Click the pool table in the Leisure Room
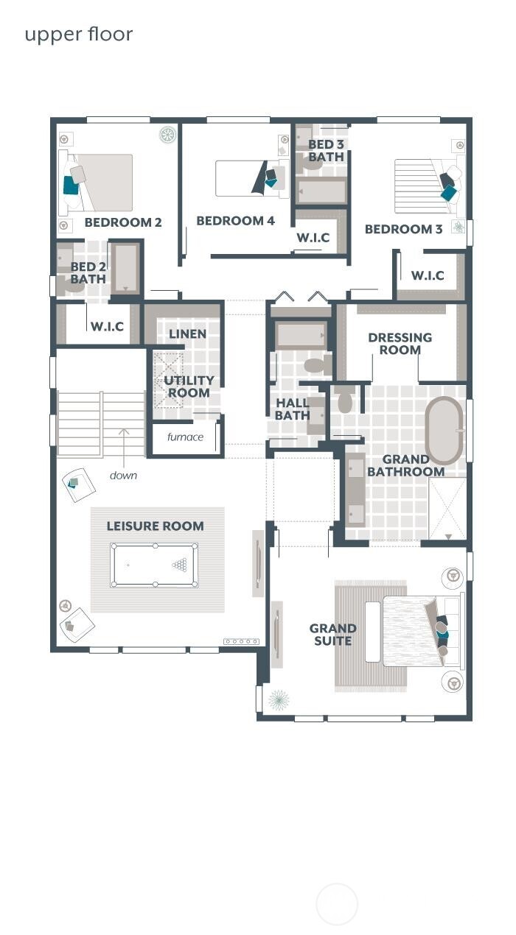click(x=154, y=565)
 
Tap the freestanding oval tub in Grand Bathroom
click(x=443, y=431)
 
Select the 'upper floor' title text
click(x=79, y=35)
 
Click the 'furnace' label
click(x=185, y=437)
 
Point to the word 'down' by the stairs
click(x=123, y=476)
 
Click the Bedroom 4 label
click(x=235, y=221)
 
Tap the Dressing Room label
click(x=400, y=343)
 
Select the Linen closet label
click(x=187, y=334)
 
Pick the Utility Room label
click(x=189, y=387)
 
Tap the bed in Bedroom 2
click(x=103, y=183)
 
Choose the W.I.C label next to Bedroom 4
click(x=313, y=238)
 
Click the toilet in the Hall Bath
click(x=318, y=365)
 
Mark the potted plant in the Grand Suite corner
click(x=279, y=700)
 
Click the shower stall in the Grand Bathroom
click(x=447, y=509)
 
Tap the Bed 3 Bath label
click(x=326, y=151)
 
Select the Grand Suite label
click(x=332, y=635)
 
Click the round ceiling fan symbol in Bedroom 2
click(x=167, y=135)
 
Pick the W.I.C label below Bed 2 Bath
click(x=107, y=326)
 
